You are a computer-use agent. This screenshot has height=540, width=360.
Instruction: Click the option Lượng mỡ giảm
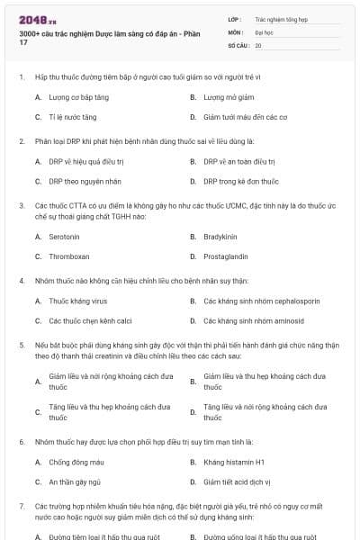[226, 96]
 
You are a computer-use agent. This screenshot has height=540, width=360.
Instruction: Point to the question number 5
[21, 345]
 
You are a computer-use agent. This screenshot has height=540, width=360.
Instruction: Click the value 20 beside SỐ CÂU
[258, 44]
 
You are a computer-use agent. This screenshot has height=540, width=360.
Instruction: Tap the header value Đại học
[263, 31]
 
